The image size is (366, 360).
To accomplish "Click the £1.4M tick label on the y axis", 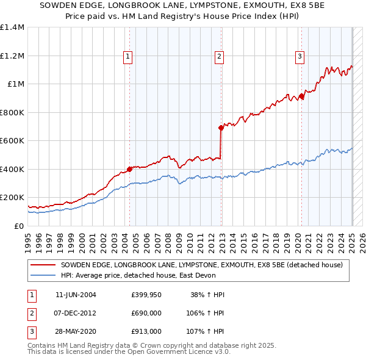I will (12, 27).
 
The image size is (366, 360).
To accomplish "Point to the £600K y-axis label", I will (12, 141).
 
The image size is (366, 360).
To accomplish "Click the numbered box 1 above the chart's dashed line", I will (128, 57).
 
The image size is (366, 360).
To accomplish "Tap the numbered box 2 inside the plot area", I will (219, 57).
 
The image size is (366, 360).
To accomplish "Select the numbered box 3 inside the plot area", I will (300, 57).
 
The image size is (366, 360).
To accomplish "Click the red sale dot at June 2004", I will (129, 169).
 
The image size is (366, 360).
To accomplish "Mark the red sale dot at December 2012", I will (221, 128).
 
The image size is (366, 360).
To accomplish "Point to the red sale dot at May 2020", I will (301, 96).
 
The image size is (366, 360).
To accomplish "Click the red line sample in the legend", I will (44, 265).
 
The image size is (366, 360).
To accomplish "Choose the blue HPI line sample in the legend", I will (44, 275).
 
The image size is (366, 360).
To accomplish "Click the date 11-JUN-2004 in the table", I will (76, 295).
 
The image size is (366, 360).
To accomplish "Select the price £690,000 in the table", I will (146, 313).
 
